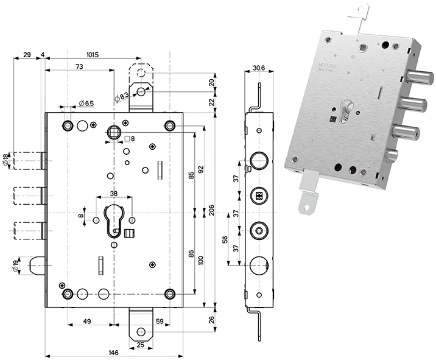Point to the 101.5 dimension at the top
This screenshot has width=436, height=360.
pos(93,55)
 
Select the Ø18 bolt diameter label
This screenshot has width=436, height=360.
pos(5,160)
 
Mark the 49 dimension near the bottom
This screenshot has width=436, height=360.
pos(86,322)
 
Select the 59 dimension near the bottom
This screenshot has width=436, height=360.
pos(160,322)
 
